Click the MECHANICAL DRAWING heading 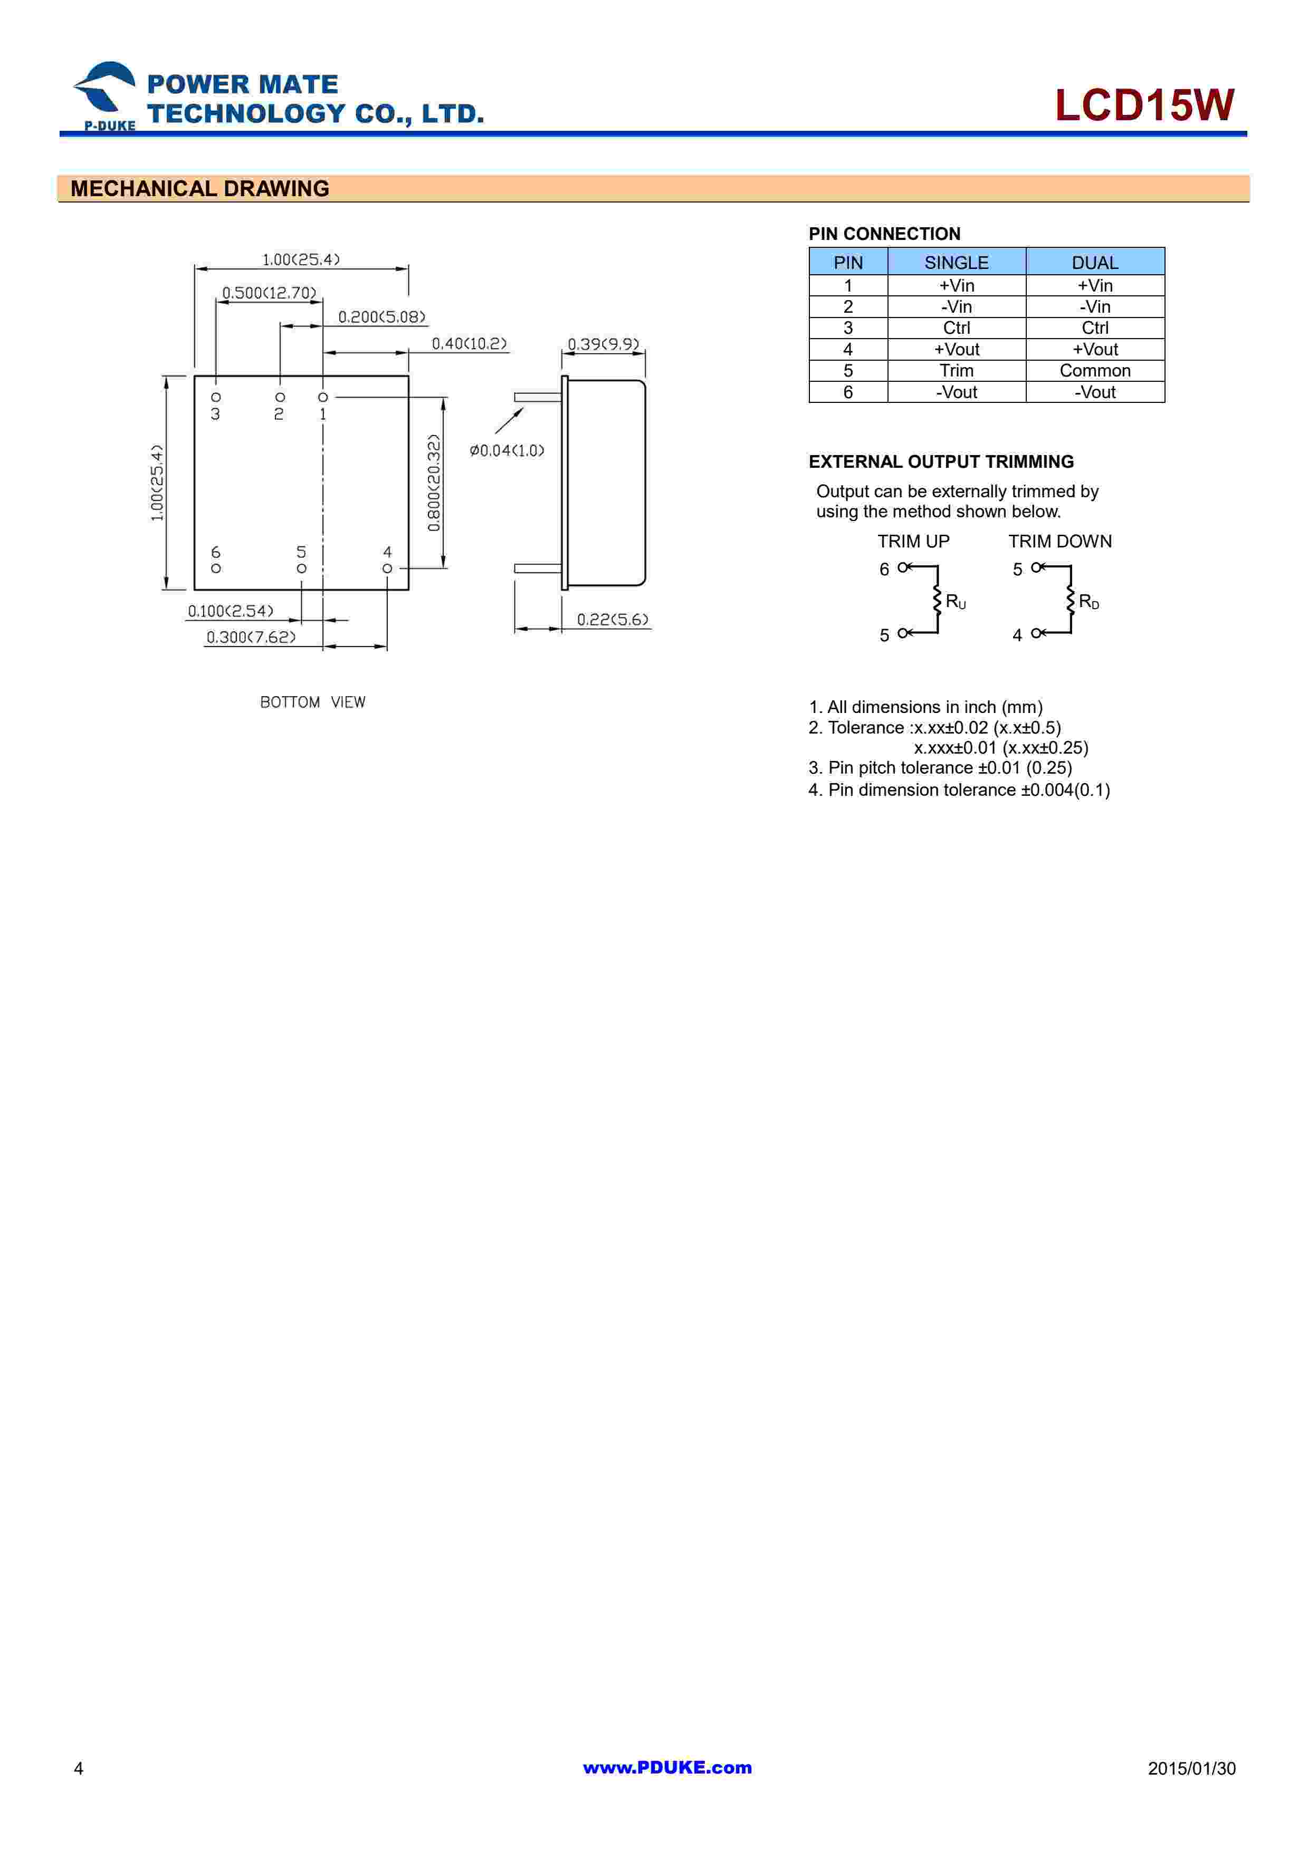(200, 189)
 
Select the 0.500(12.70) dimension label (269, 293)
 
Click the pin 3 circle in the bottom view (216, 397)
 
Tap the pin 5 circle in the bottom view (301, 568)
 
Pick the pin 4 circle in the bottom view (387, 568)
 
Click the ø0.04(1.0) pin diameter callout (507, 450)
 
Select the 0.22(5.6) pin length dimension (613, 619)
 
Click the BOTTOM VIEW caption (313, 702)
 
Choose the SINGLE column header (956, 263)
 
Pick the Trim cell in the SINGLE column (956, 371)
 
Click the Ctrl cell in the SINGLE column (956, 328)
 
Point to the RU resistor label (955, 602)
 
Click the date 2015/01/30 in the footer (1191, 1769)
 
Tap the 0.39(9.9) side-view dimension (603, 344)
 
